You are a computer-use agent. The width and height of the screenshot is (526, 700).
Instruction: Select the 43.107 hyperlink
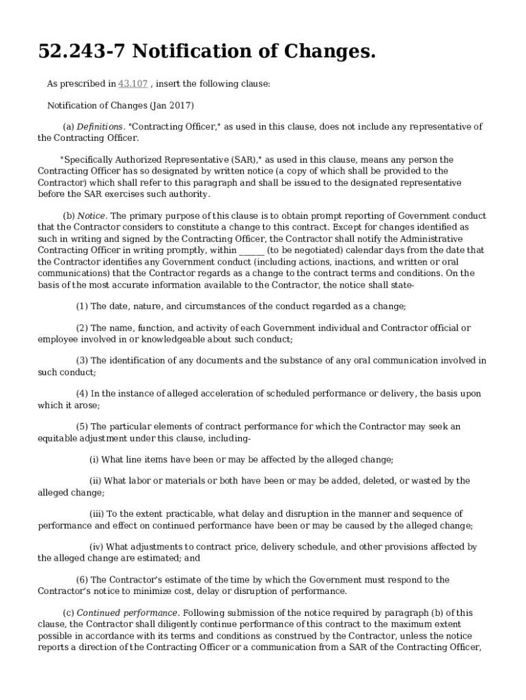pyautogui.click(x=133, y=84)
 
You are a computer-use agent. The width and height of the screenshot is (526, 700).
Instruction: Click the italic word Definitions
pyautogui.click(x=100, y=127)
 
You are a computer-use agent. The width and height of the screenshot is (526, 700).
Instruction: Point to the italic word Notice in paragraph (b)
pyautogui.click(x=91, y=216)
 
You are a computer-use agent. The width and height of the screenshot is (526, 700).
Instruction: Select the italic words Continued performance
pyautogui.click(x=128, y=613)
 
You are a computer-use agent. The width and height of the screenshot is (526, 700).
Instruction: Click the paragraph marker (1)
pyautogui.click(x=82, y=306)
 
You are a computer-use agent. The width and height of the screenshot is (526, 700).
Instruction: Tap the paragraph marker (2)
pyautogui.click(x=82, y=328)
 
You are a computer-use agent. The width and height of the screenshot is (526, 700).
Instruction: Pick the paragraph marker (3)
pyautogui.click(x=82, y=361)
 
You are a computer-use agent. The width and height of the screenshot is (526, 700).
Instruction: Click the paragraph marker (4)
pyautogui.click(x=82, y=394)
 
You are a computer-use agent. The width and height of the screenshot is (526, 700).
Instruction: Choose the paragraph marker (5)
pyautogui.click(x=82, y=427)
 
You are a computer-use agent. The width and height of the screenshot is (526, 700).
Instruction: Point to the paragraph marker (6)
pyautogui.click(x=82, y=580)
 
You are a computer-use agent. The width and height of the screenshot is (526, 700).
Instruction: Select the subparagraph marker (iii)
pyautogui.click(x=98, y=514)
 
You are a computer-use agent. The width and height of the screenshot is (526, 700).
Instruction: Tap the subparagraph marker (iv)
pyautogui.click(x=97, y=547)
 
